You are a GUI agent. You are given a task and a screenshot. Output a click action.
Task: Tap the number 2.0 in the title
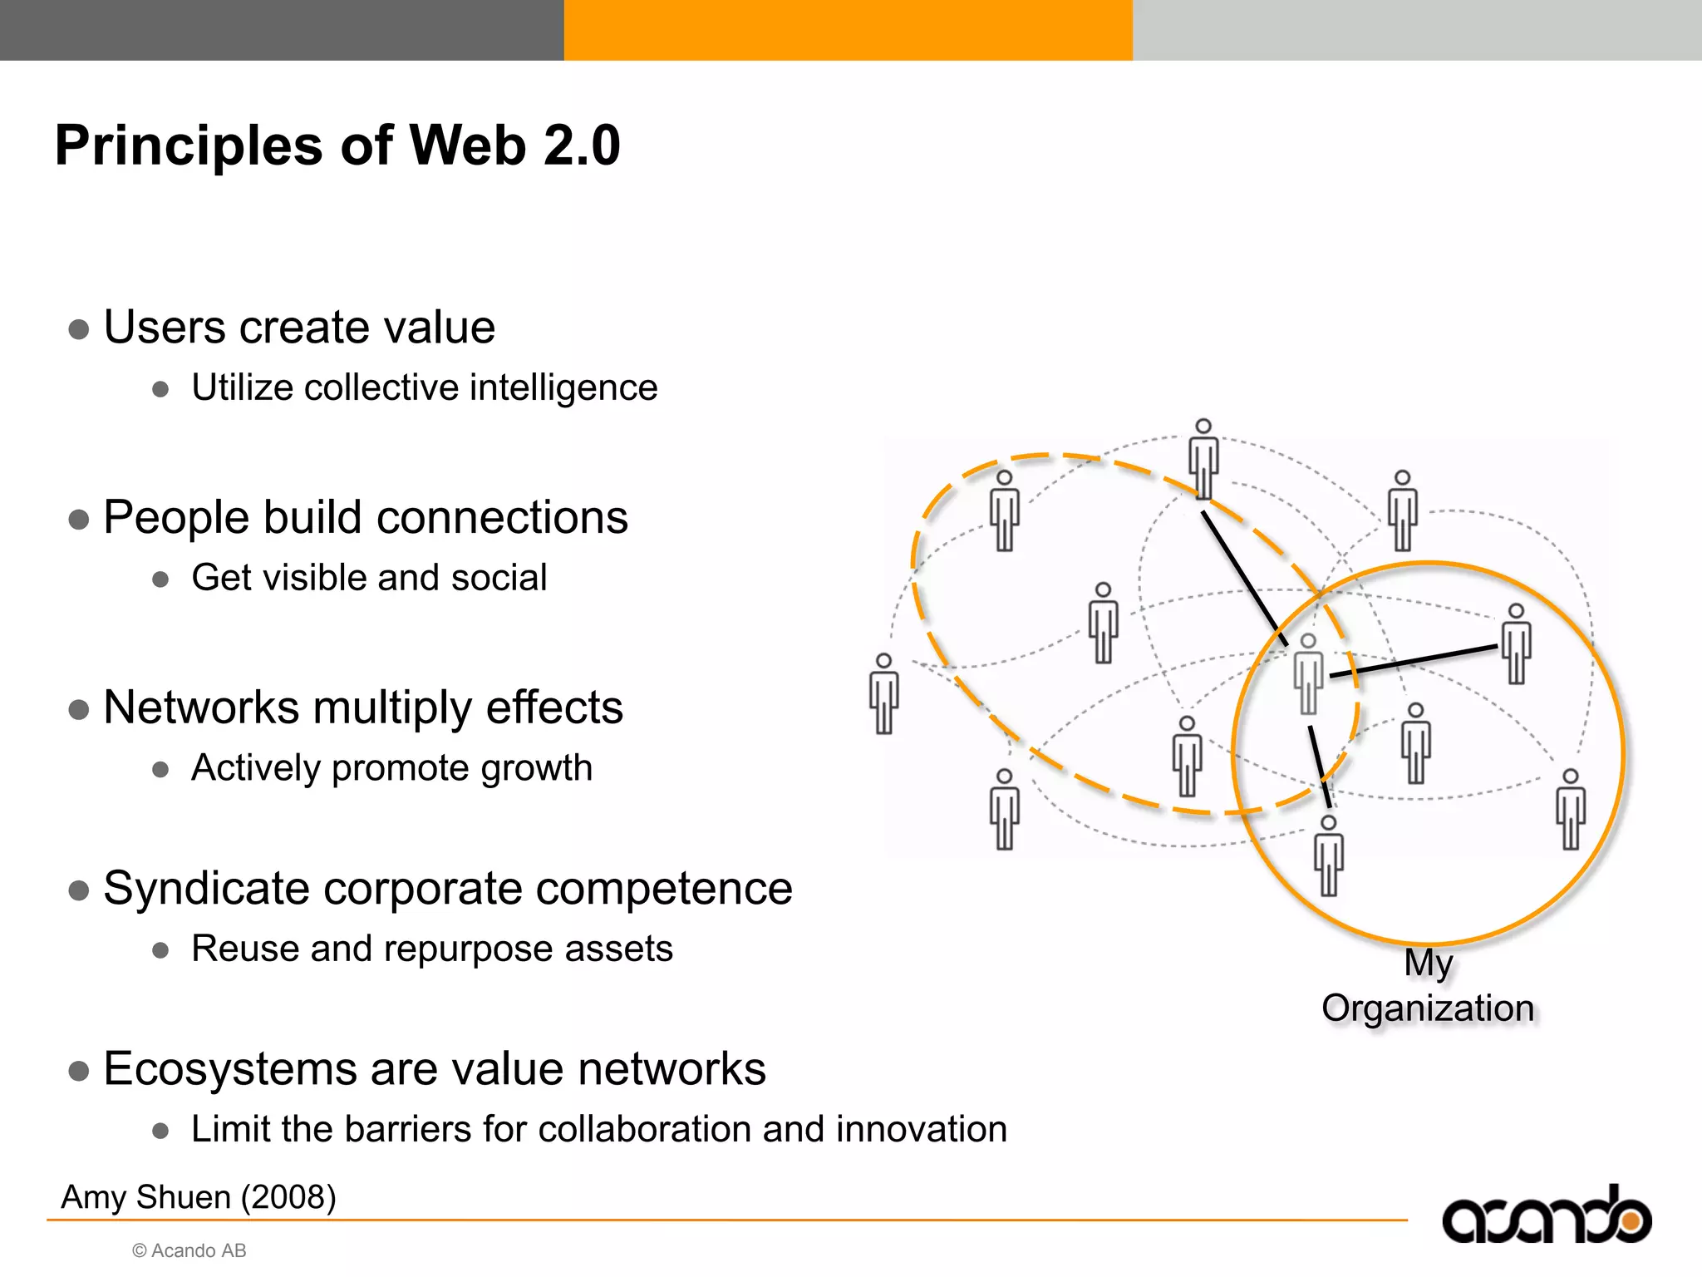582,145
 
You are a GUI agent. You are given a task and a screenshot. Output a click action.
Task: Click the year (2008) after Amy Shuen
288,1198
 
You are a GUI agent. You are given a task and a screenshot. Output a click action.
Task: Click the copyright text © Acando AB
189,1251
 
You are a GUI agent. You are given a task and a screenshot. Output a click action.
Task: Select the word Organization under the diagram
1428,1008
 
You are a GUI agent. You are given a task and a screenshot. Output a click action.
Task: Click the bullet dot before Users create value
79,329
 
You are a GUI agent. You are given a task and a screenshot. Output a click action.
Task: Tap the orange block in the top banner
848,30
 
